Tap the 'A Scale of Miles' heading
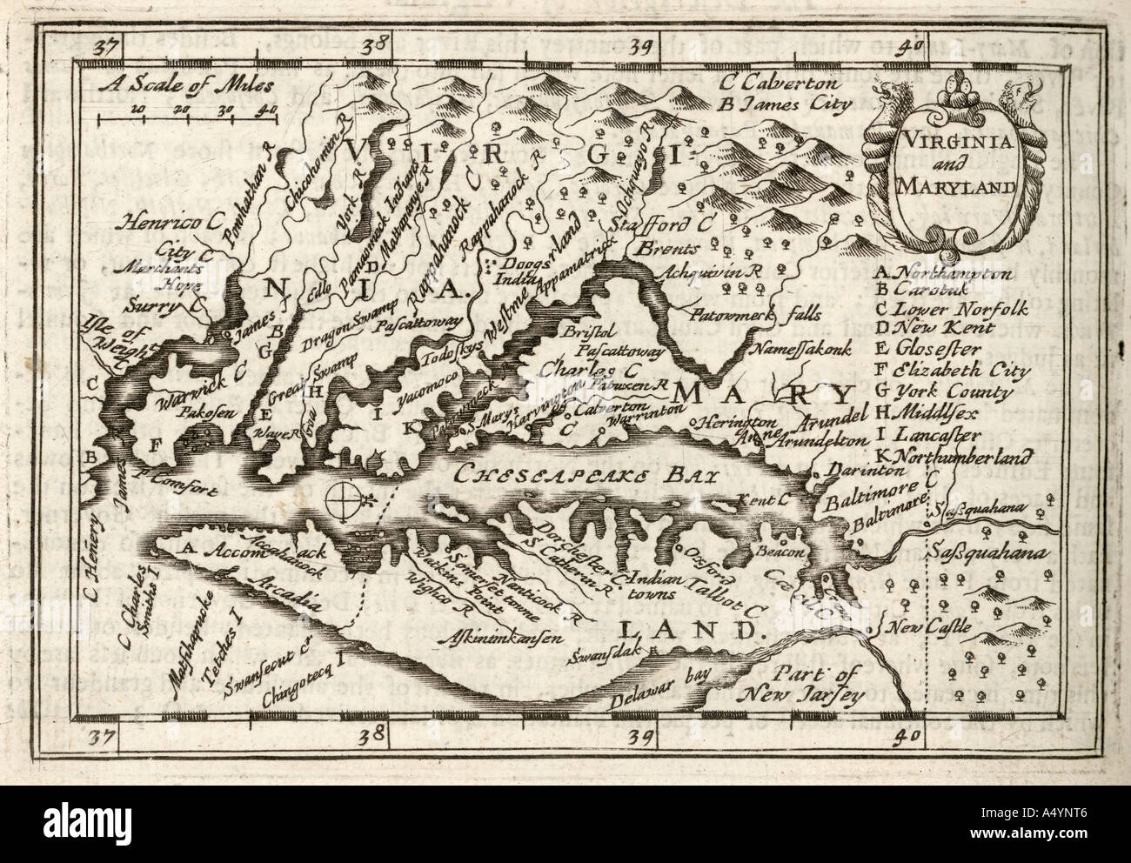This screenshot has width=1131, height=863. [185, 86]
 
